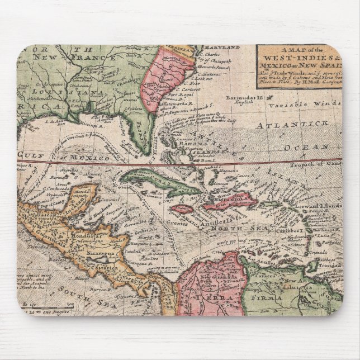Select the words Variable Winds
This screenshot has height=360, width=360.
pyautogui.click(x=304, y=105)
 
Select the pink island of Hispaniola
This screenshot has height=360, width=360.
pyautogui.click(x=229, y=201)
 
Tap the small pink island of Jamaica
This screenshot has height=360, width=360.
pyautogui.click(x=182, y=209)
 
